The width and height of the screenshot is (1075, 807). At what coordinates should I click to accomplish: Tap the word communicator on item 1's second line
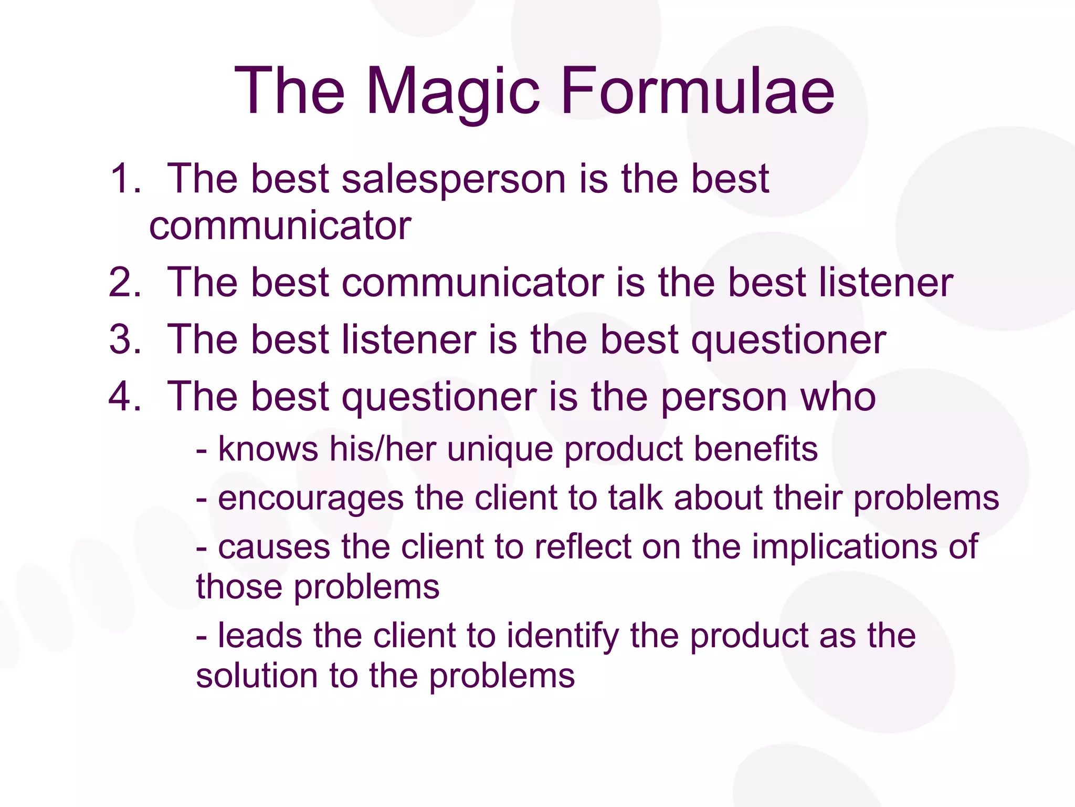click(x=280, y=226)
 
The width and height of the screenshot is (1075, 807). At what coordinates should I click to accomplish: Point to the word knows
click(x=268, y=449)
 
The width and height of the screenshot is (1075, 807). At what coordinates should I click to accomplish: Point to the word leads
click(x=260, y=635)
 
